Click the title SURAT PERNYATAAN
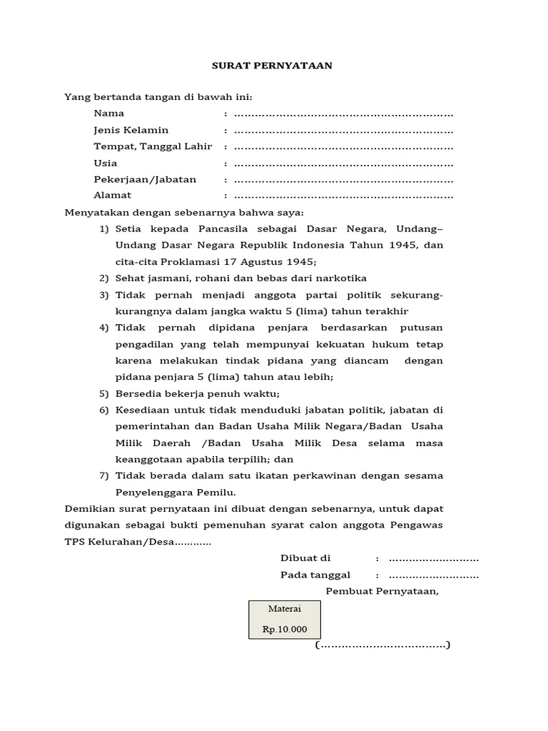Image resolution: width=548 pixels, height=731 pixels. [x=273, y=66]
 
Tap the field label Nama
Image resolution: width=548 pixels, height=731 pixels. [x=108, y=113]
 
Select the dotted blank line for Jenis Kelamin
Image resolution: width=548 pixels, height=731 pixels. [x=343, y=131]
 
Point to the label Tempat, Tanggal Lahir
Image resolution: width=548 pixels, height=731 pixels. [x=153, y=146]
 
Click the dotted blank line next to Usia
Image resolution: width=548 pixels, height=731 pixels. [x=343, y=163]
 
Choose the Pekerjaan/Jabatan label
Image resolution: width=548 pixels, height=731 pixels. [x=145, y=179]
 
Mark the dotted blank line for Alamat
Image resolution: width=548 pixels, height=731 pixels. [x=343, y=196]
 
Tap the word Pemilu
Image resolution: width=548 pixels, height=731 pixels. [x=218, y=492]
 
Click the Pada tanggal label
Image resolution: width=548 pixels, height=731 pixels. [x=315, y=575]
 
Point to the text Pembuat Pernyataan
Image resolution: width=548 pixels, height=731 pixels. [x=382, y=591]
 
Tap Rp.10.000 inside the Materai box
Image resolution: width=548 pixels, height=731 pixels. [x=284, y=629]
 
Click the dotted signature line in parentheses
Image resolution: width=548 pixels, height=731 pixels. [x=382, y=645]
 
